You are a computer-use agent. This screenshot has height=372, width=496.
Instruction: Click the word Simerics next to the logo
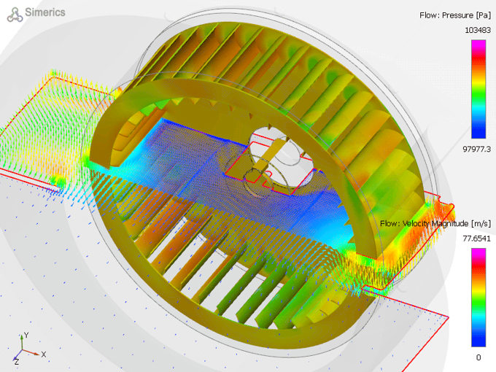46,12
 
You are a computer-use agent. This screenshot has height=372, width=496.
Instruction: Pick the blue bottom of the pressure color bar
478,133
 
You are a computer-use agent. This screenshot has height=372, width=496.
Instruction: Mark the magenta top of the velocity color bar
478,252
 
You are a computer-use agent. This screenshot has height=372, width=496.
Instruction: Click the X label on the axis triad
44,354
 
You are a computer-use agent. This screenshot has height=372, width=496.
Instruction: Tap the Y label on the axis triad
26,335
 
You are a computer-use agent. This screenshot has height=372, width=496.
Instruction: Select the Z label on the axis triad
15,361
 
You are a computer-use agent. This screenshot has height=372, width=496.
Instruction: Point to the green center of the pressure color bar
478,89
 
